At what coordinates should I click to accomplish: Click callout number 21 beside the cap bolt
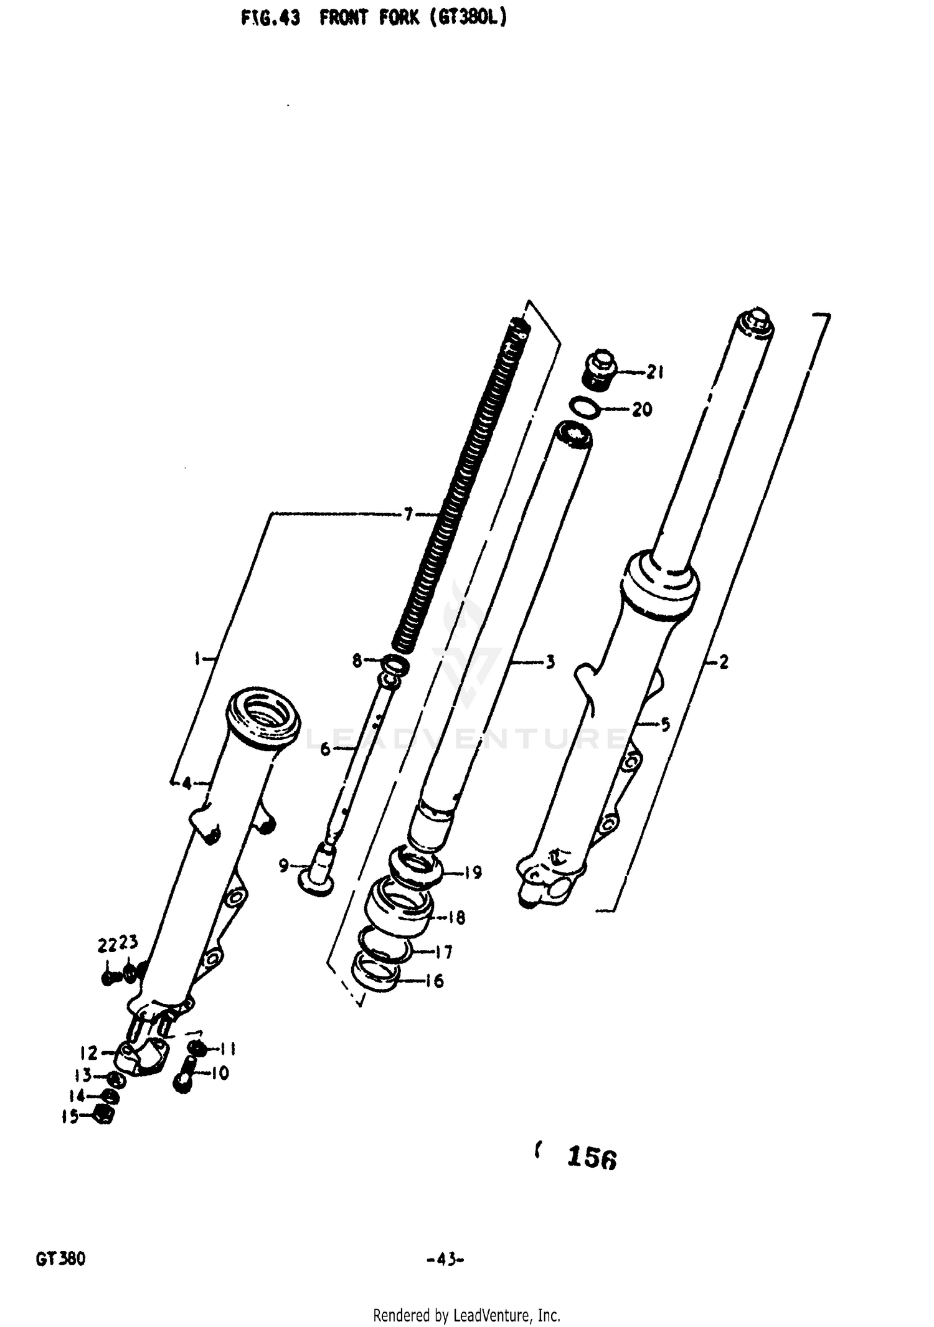[654, 372]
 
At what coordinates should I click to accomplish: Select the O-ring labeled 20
[585, 408]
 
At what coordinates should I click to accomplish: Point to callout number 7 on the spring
[408, 514]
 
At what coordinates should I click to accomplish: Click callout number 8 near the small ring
[357, 661]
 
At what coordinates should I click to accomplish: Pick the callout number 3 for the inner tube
[550, 662]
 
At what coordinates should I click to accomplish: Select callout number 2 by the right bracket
[723, 662]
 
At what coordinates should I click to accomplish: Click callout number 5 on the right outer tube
[665, 724]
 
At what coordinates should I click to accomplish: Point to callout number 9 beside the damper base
[284, 865]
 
